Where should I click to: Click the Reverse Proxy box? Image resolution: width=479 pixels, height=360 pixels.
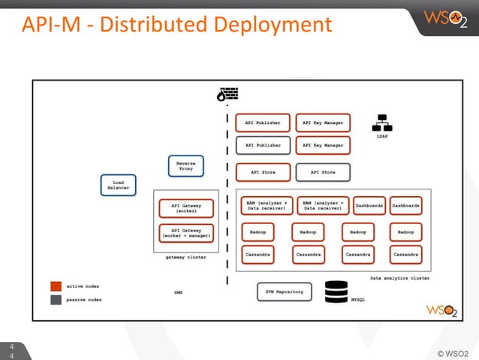click(185, 166)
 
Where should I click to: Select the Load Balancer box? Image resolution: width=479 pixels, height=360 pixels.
click(119, 185)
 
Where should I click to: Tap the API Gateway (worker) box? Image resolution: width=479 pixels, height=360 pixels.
click(186, 208)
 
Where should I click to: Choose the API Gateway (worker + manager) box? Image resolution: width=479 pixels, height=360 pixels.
click(186, 233)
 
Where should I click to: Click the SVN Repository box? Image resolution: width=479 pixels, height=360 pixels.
click(284, 291)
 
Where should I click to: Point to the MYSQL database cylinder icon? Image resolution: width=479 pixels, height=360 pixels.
click(336, 292)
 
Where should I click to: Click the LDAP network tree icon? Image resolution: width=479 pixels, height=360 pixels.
click(381, 123)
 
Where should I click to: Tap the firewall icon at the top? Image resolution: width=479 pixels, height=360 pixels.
click(227, 95)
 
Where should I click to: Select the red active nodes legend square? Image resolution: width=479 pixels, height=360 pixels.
click(56, 286)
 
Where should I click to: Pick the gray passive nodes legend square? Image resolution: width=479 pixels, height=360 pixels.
click(56, 299)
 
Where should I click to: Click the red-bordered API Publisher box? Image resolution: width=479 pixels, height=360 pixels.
click(263, 122)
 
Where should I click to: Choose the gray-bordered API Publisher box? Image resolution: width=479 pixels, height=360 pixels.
click(263, 145)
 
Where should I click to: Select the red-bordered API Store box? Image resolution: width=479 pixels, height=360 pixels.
click(263, 172)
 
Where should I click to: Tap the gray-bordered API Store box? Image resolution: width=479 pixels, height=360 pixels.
click(323, 172)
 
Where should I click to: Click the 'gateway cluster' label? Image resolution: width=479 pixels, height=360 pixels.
click(185, 257)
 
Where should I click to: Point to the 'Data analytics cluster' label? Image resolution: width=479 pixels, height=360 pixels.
click(399, 277)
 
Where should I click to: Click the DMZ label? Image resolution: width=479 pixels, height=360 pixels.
click(179, 292)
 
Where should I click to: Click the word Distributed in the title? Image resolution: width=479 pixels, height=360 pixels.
click(154, 25)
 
